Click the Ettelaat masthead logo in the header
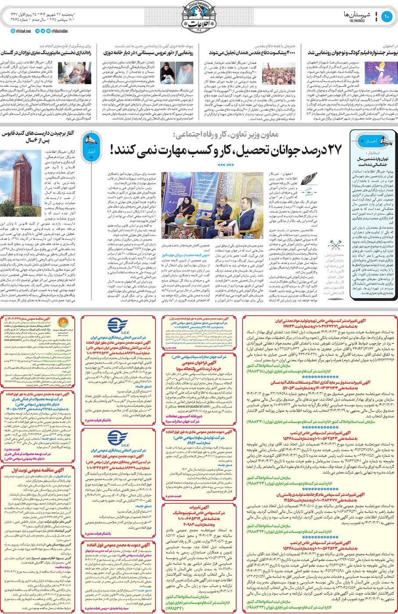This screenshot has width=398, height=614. (198, 16)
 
